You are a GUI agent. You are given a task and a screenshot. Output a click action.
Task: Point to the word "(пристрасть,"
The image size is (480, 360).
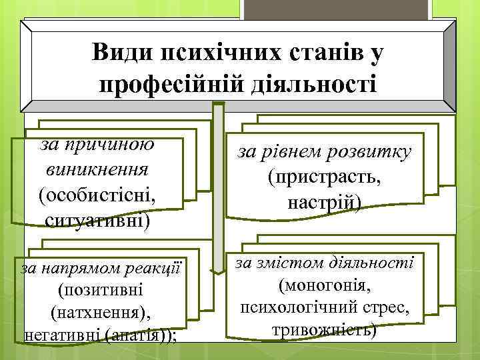pos(326,177)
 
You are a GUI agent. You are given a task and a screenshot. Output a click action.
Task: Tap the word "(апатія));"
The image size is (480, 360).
pos(140,334)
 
